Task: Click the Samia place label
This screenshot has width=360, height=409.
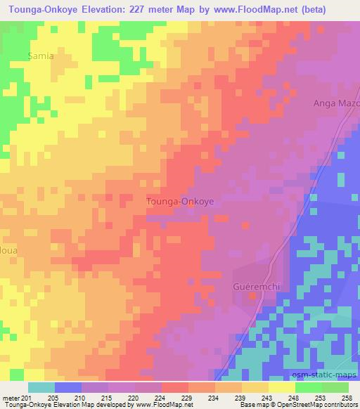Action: (x=40, y=56)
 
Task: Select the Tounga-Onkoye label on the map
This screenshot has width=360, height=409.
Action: (x=180, y=201)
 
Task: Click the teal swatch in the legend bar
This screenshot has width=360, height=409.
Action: (x=41, y=387)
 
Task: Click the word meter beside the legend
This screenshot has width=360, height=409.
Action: (x=11, y=397)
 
